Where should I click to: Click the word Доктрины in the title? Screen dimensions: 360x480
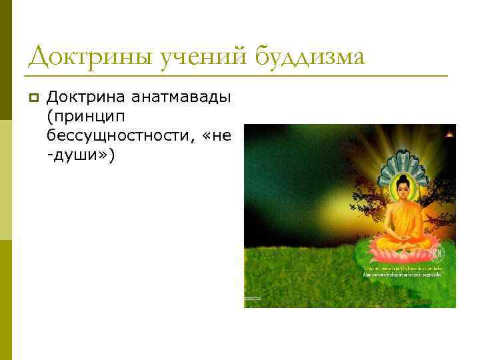pyautogui.click(x=90, y=57)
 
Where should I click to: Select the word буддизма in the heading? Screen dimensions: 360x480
pyautogui.click(x=309, y=57)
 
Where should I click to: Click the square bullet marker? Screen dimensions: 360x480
pyautogui.click(x=33, y=99)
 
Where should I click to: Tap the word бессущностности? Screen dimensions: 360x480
pyautogui.click(x=121, y=136)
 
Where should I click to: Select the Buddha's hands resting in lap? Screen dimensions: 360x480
pyautogui.click(x=403, y=237)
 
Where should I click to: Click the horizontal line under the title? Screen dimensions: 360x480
pyautogui.click(x=237, y=76)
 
